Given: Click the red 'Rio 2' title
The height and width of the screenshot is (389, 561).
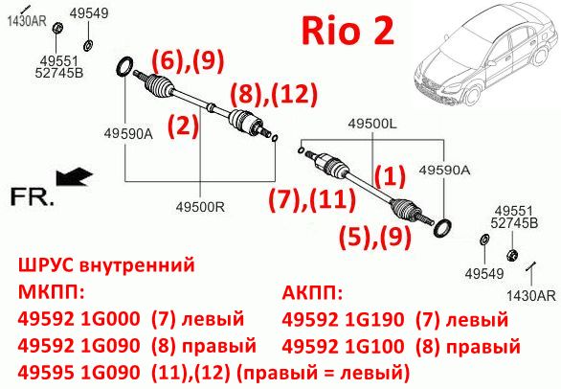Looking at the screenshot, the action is click(x=348, y=32).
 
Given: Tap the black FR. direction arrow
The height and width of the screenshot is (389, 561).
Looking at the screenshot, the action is click(x=75, y=176).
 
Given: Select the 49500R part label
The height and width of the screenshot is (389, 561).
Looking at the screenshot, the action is click(x=200, y=207).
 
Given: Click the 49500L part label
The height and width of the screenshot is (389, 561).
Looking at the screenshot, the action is click(x=372, y=124).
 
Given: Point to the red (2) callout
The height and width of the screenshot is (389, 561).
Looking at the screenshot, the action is click(x=183, y=126).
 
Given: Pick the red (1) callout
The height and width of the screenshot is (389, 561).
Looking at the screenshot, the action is click(x=390, y=176).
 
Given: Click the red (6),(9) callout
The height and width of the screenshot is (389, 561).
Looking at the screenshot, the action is click(x=189, y=60).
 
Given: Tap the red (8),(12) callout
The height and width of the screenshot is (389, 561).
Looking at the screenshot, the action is click(x=274, y=94).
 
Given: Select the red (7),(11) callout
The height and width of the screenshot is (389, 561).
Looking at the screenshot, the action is click(x=312, y=199).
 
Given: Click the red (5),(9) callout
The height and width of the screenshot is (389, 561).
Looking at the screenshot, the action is click(x=375, y=237).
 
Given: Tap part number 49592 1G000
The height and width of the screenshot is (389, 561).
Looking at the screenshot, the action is click(x=79, y=318).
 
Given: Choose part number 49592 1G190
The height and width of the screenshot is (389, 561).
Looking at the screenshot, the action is click(x=343, y=319).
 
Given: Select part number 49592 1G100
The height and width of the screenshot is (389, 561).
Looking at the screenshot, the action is click(x=343, y=346).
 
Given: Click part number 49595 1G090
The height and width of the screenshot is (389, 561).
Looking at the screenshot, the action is click(x=79, y=373).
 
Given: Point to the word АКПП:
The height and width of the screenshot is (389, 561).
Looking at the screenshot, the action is click(x=312, y=293).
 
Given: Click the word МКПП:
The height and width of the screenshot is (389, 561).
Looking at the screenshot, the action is click(x=51, y=292).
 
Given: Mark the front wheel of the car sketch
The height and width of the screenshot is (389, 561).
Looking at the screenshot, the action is click(x=473, y=95).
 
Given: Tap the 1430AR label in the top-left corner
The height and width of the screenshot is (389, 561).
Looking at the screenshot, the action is click(x=27, y=21).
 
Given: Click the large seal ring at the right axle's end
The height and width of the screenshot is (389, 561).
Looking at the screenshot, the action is click(x=442, y=228).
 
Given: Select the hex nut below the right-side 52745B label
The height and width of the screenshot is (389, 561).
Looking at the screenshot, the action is click(x=512, y=255).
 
